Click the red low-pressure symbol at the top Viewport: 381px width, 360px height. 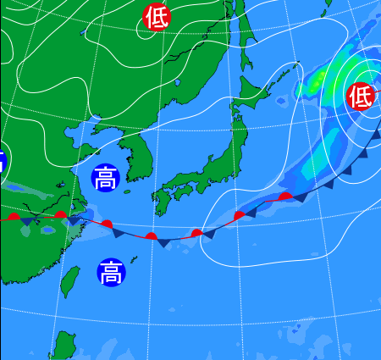(x=156, y=16)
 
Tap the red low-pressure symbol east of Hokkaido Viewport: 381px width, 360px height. (x=361, y=96)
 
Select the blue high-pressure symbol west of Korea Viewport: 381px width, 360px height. (x=105, y=179)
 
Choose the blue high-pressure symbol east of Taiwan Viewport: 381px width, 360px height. (x=109, y=273)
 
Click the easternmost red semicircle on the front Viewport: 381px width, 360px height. (x=286, y=197)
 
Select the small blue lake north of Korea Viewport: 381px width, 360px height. (x=179, y=82)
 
